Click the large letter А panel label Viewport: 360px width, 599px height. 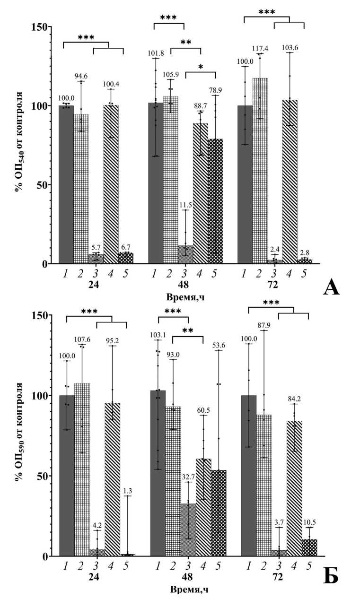(x=332, y=287)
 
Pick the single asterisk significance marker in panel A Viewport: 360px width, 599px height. (x=200, y=67)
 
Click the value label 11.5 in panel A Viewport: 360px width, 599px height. (x=185, y=204)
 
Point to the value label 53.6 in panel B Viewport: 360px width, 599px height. (x=219, y=344)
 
